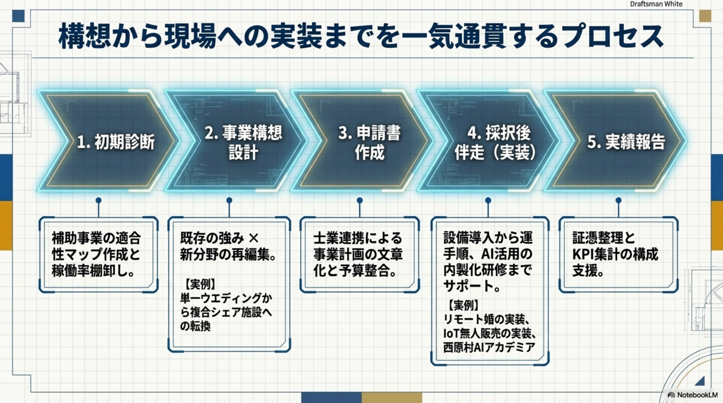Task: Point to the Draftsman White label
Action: coord(656,4)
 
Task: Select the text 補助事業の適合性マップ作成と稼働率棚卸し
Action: coord(96,254)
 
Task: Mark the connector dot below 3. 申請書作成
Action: coord(359,200)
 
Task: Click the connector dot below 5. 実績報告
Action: coord(618,200)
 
